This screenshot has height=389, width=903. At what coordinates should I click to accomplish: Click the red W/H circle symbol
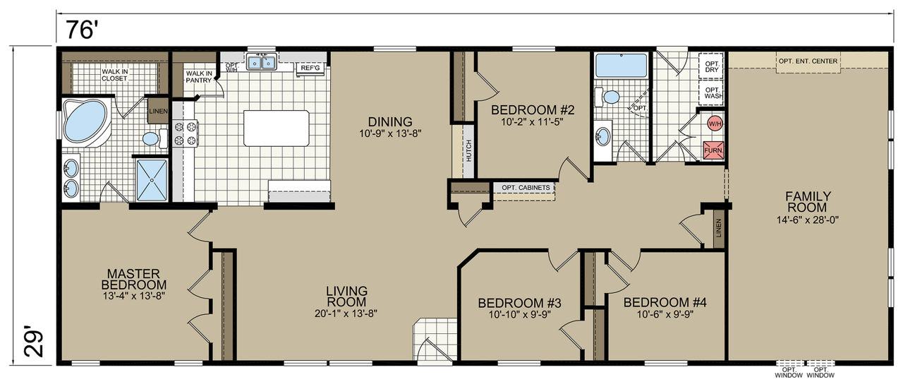715,124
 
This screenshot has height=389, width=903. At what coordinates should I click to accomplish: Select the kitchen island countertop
277,128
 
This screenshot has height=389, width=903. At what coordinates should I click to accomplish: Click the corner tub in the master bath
86,121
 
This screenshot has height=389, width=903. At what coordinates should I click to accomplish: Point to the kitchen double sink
262,63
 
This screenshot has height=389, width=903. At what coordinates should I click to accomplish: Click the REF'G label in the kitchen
310,68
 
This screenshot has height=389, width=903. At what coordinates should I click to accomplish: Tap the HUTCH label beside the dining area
468,151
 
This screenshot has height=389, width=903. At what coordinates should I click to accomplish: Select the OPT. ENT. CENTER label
808,61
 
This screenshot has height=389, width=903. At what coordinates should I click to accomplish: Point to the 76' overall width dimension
82,30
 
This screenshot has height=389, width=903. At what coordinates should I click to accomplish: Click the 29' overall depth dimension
34,342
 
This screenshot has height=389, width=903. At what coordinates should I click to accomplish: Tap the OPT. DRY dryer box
712,66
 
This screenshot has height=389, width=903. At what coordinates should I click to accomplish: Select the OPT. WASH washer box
713,93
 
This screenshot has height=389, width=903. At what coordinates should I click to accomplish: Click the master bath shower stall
152,180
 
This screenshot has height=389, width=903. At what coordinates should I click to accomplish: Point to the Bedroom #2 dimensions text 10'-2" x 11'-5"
532,122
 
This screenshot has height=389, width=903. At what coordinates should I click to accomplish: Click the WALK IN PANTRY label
199,77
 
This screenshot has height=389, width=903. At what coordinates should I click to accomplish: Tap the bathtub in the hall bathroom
622,66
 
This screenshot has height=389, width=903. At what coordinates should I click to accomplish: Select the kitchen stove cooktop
186,133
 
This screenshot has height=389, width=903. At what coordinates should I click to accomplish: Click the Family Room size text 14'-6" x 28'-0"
808,220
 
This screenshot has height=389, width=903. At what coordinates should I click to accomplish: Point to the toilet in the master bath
154,138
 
